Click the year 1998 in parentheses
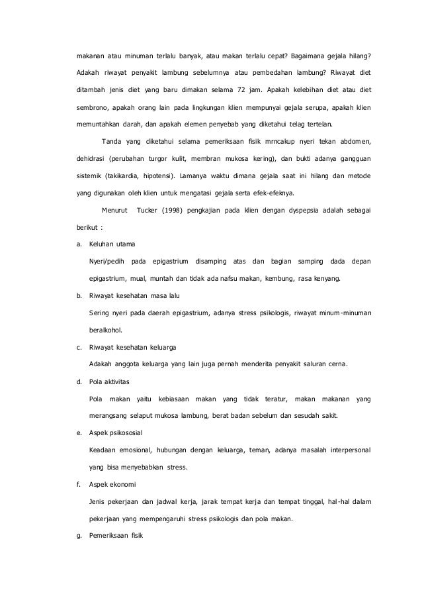coord(175,211)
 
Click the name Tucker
coord(147,211)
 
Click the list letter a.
coord(79,245)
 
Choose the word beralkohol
coord(105,330)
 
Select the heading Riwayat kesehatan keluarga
coord(132,347)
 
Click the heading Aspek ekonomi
coord(112,485)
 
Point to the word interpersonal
coord(347,450)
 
